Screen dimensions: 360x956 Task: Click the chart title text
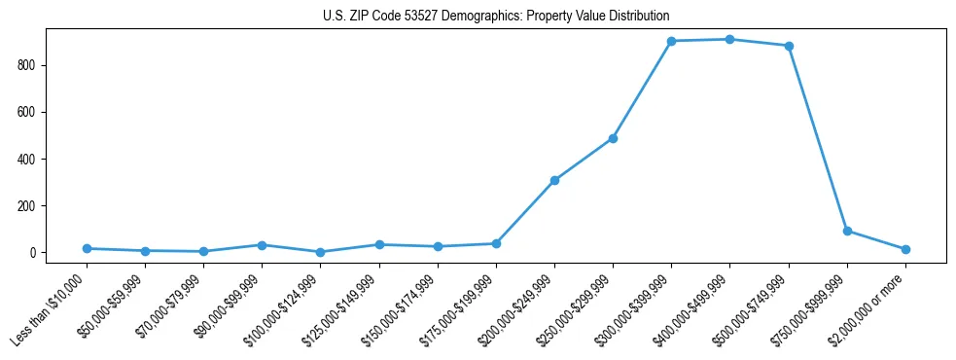click(x=496, y=17)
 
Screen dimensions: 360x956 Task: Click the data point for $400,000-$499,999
click(x=729, y=39)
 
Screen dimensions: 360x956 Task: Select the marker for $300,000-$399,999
click(x=671, y=41)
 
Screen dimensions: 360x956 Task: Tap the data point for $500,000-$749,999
click(x=789, y=46)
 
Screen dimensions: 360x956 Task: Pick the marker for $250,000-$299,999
click(x=613, y=138)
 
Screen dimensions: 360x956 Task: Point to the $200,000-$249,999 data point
click(x=554, y=180)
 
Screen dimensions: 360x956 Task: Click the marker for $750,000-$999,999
click(x=847, y=231)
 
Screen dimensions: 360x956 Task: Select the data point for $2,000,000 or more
click(x=905, y=249)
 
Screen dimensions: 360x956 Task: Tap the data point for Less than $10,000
click(x=87, y=248)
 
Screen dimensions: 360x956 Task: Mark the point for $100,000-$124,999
click(x=320, y=252)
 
